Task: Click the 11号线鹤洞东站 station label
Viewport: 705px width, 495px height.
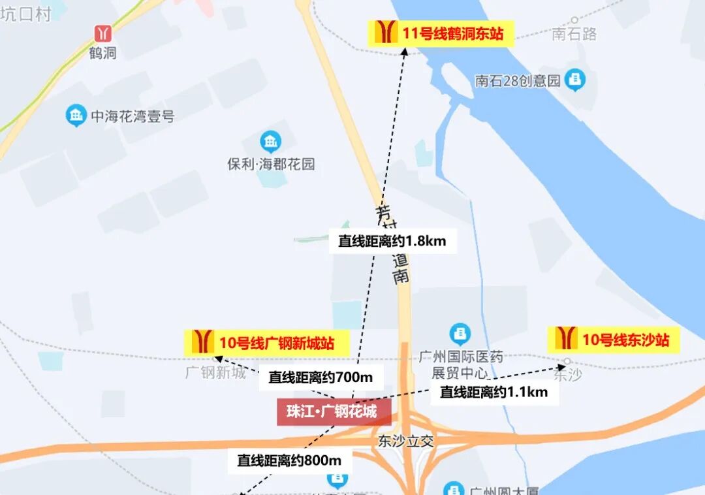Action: (x=441, y=33)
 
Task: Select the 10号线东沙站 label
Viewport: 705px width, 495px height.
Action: (x=615, y=340)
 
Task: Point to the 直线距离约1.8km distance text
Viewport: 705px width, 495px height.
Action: (x=392, y=241)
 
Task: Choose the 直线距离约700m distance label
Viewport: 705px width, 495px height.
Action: (x=320, y=377)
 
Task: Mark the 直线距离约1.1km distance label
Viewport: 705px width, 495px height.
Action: (x=493, y=392)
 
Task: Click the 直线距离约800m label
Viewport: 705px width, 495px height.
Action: (x=289, y=460)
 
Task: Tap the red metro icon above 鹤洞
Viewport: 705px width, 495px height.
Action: (x=102, y=33)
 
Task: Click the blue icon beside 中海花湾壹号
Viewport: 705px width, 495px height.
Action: (x=76, y=116)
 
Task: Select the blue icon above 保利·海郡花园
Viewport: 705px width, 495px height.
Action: (x=270, y=141)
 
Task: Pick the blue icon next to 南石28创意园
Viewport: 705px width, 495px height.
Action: (x=575, y=80)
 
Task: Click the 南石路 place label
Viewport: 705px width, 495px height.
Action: (x=574, y=34)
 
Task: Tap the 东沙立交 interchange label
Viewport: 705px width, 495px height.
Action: (x=405, y=441)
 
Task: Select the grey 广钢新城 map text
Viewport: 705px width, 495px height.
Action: (x=215, y=373)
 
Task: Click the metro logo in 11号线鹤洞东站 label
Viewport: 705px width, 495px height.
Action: (x=386, y=32)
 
